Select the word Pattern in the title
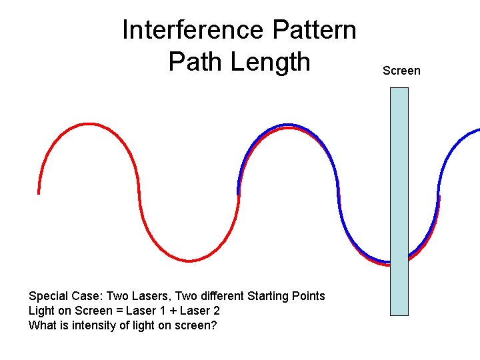315,30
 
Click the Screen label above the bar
401,71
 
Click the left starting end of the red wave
39,193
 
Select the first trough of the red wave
189,261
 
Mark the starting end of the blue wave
239,193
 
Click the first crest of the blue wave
287,125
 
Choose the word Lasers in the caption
147,296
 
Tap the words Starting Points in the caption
286,296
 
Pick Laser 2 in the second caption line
197,311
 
